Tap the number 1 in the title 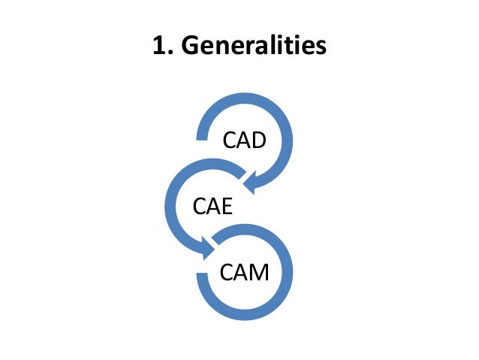158,46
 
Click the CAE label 212,205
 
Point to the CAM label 244,271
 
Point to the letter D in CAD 258,141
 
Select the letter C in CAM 227,271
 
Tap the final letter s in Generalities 321,47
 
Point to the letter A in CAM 241,271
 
